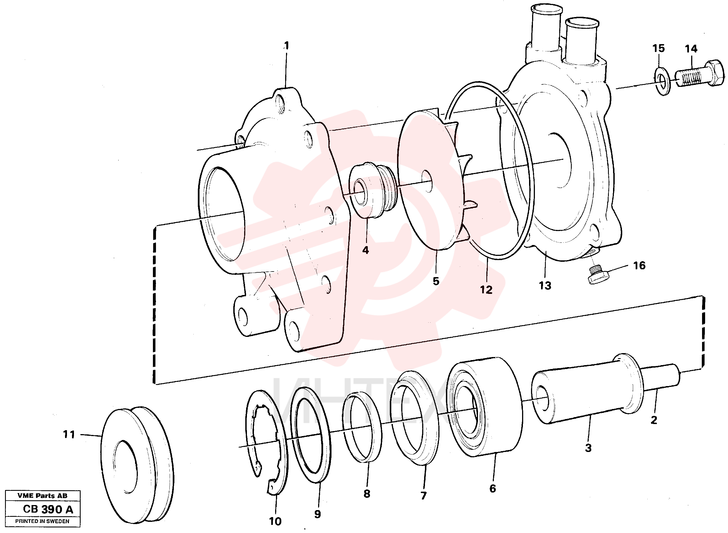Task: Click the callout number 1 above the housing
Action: [x=286, y=46]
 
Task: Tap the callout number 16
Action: [x=639, y=266]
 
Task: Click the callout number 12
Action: [x=486, y=290]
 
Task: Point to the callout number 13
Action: [x=545, y=285]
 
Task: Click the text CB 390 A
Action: [x=48, y=510]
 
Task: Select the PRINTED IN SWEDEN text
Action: [x=42, y=521]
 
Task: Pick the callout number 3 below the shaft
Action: [x=588, y=448]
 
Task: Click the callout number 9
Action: [x=318, y=514]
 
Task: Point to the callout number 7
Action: [x=424, y=496]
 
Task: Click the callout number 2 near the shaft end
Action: [x=653, y=420]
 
